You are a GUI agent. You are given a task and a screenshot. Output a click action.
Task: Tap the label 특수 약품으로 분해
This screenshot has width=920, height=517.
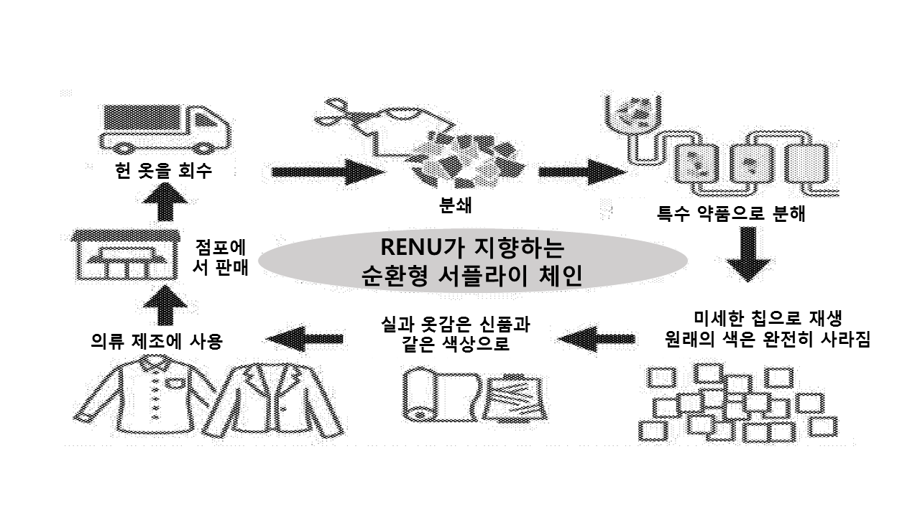point(731,213)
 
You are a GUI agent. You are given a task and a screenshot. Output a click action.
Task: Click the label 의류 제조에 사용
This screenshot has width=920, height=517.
point(155,341)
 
